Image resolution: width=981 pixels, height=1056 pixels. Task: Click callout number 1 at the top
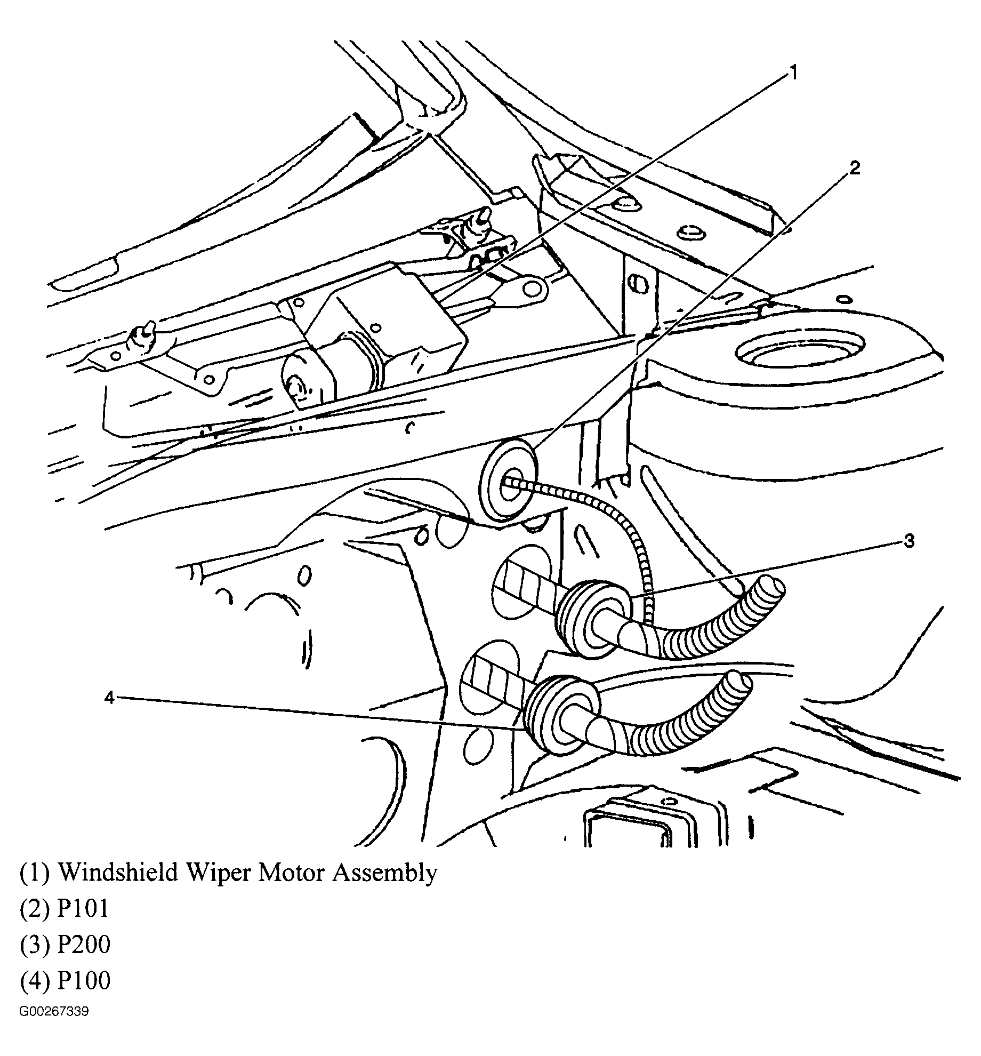click(x=793, y=73)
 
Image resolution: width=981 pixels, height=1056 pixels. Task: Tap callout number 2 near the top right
click(x=854, y=169)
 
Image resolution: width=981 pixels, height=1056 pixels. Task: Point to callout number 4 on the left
click(x=109, y=697)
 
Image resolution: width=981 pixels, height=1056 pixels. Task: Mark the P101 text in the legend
click(x=83, y=908)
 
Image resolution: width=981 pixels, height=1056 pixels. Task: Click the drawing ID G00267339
click(x=54, y=1012)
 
